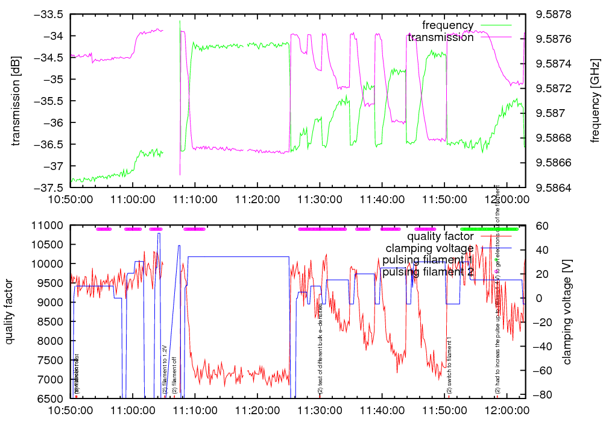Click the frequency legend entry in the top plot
point(447,25)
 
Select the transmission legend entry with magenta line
point(440,37)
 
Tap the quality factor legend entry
point(436,236)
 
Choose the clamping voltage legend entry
point(429,248)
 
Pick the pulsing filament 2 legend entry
point(428,272)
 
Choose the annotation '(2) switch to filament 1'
point(449,367)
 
